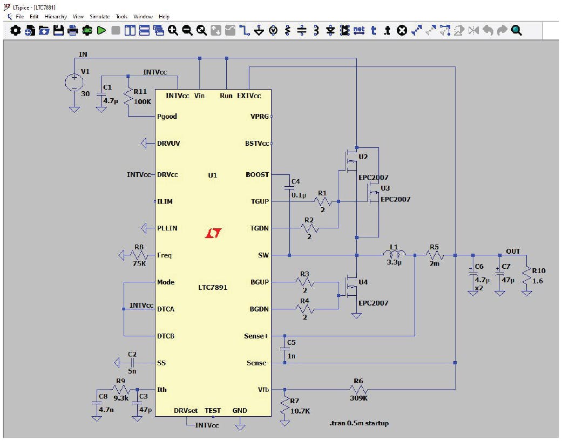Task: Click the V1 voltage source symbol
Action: click(74, 83)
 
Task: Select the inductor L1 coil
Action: click(394, 255)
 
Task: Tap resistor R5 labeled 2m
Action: click(435, 255)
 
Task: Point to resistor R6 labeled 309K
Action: click(358, 390)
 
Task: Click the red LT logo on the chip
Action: click(213, 233)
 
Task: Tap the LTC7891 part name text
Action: click(213, 288)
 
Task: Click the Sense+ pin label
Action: click(256, 336)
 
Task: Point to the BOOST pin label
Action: click(257, 175)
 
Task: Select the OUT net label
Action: click(513, 251)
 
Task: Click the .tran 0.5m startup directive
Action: click(359, 423)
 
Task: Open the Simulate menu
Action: click(99, 17)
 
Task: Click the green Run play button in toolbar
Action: click(101, 31)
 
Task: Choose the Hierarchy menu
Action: click(56, 17)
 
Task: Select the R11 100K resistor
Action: click(128, 97)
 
